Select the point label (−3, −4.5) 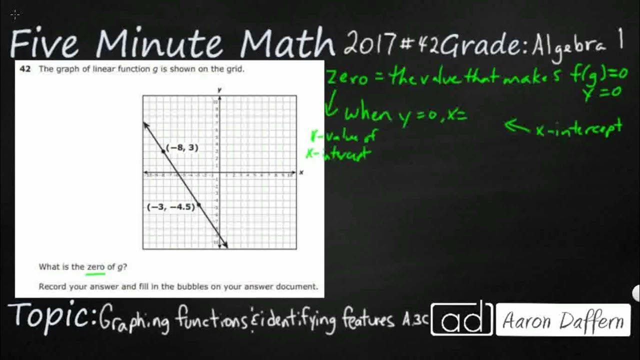[x=171, y=207]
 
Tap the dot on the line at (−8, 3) [x=164, y=150]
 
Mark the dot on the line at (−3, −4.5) [x=198, y=204]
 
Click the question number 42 [x=24, y=69]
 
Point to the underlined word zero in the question [x=95, y=267]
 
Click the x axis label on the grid [x=301, y=172]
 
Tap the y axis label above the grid [x=219, y=89]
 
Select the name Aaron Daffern [x=563, y=320]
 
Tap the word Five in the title [x=44, y=43]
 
